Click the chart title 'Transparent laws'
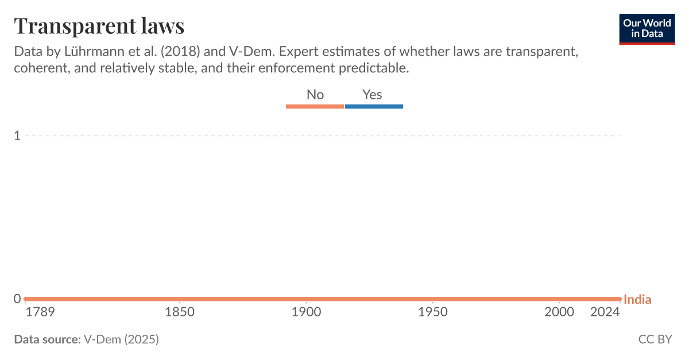coord(99,26)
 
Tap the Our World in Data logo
coord(647,29)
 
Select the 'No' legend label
coord(315,95)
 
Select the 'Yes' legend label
coord(372,95)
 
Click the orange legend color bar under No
coord(315,106)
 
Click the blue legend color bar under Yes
coord(374,106)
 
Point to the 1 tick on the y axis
coord(17,136)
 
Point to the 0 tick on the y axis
coord(17,299)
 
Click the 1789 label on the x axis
coord(40,312)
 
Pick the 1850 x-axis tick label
coord(180,312)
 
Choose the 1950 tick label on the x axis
coord(433,312)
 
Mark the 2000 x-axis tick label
coord(559,312)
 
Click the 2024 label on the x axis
coord(605,312)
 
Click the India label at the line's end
coord(637,299)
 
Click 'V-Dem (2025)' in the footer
coord(121,339)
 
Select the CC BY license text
coord(655,339)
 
